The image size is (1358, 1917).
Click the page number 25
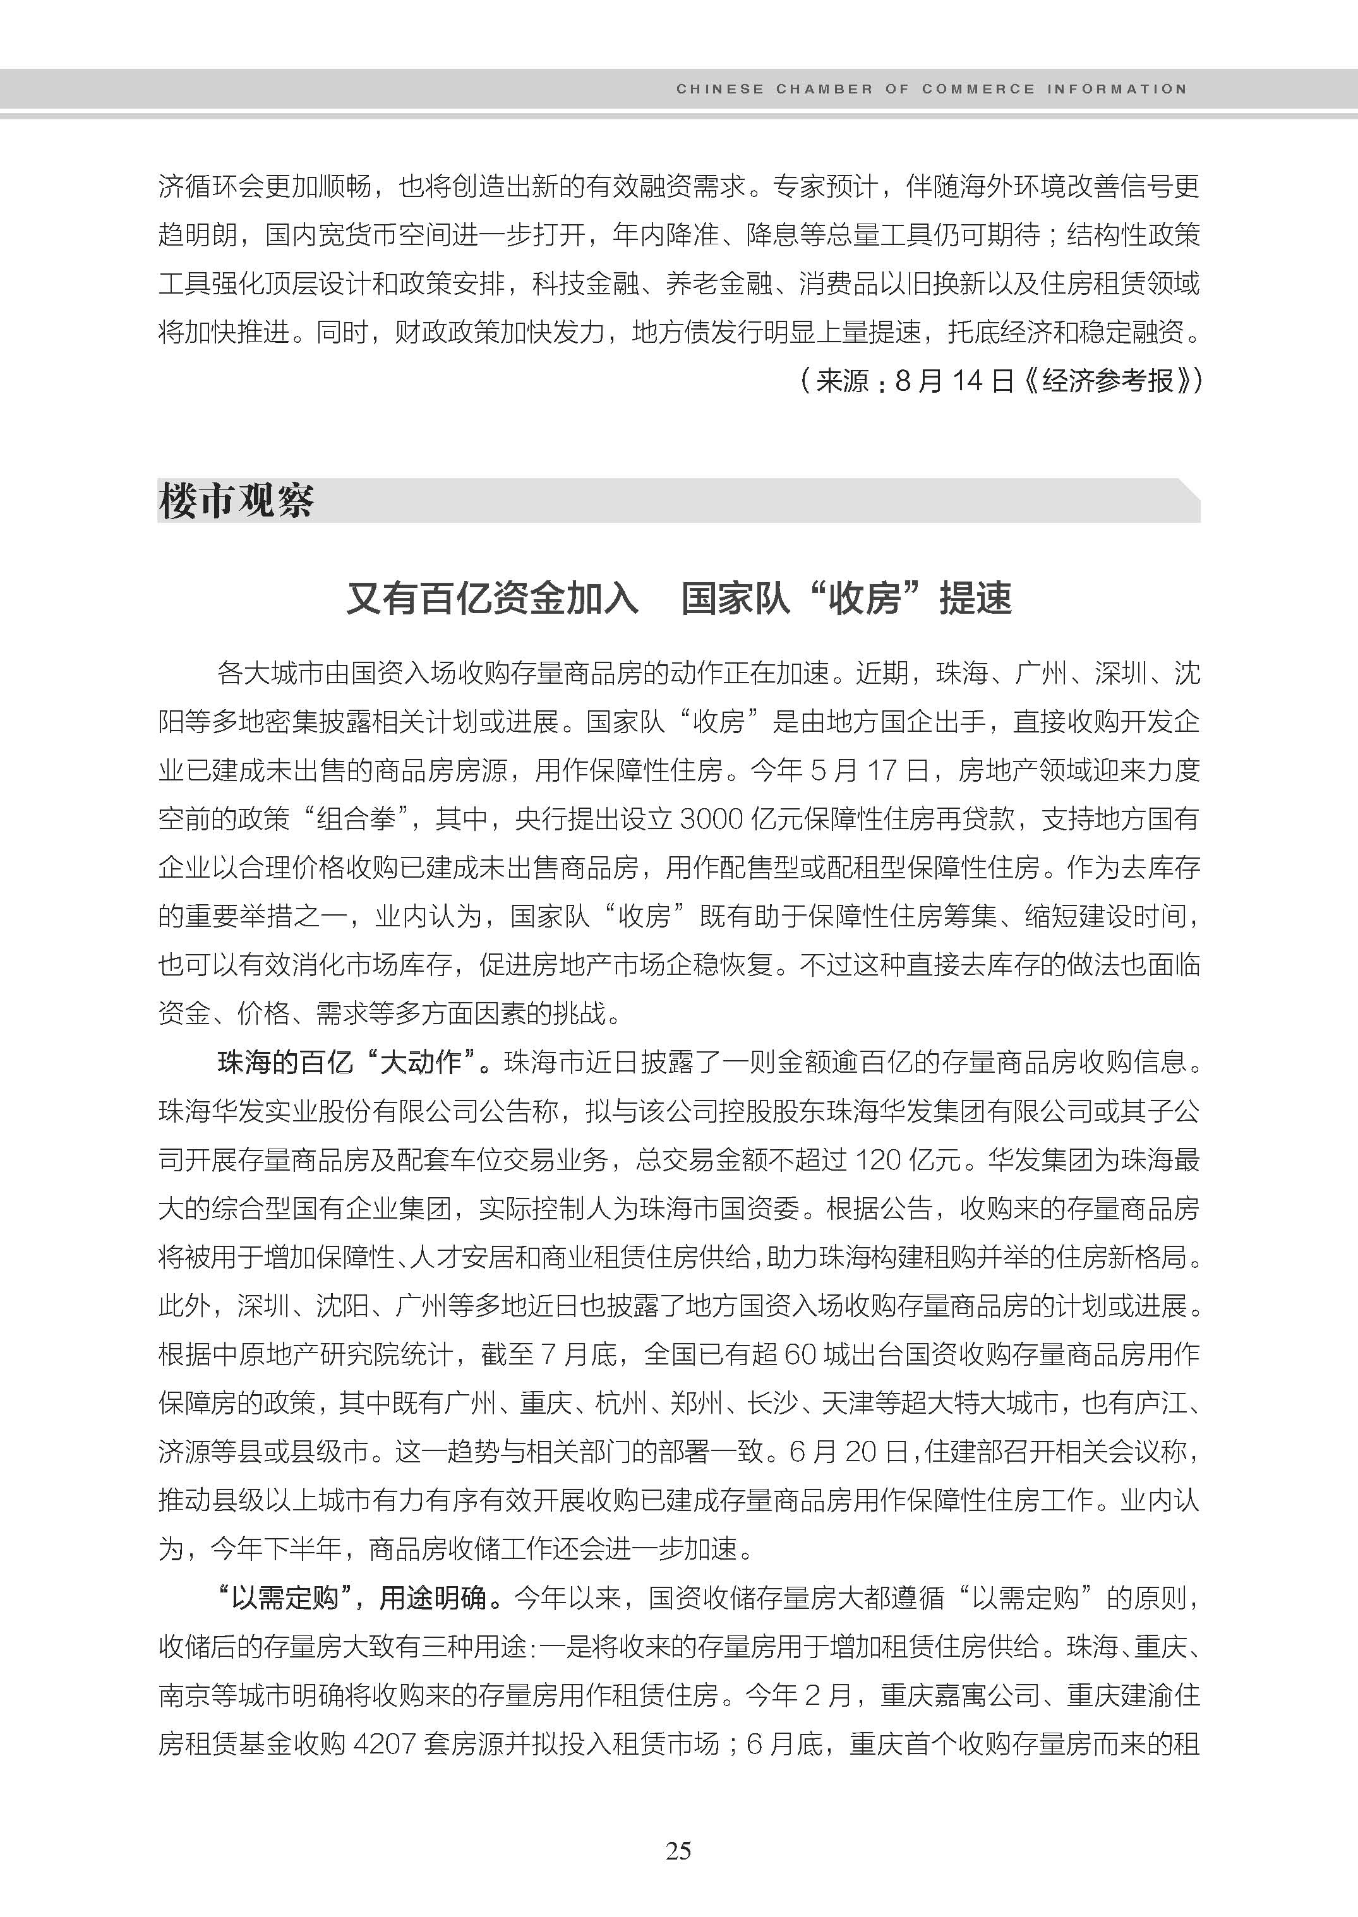click(x=678, y=1850)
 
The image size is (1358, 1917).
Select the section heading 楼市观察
click(x=236, y=501)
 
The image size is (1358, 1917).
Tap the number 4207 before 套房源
click(x=385, y=1744)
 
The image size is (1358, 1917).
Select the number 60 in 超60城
click(x=801, y=1354)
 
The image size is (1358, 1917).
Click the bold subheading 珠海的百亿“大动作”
click(x=354, y=1063)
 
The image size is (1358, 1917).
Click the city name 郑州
click(x=697, y=1403)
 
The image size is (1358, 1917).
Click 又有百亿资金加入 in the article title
click(x=493, y=599)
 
